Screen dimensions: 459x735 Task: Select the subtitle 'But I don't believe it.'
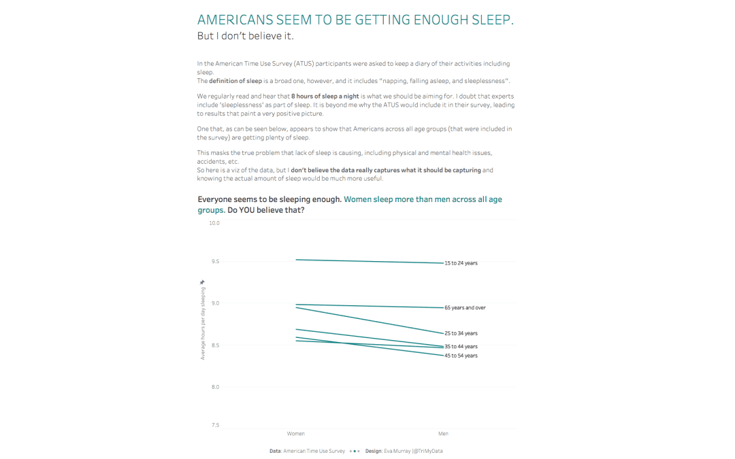[x=245, y=36]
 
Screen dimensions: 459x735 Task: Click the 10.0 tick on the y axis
[x=214, y=223]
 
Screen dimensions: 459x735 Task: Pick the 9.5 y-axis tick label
[x=214, y=261]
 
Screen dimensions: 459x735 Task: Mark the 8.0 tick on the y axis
[x=214, y=387]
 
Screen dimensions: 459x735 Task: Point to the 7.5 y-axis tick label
[x=214, y=426]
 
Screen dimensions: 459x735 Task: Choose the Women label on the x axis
[x=296, y=434]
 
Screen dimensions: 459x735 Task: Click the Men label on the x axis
[x=443, y=434]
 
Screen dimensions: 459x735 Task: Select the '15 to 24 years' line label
[x=461, y=263]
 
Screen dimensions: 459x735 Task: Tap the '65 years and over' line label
[x=465, y=308]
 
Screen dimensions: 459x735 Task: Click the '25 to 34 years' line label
[x=461, y=333]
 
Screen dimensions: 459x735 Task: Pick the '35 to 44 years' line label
[x=461, y=347]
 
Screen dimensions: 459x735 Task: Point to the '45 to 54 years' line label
[x=461, y=356]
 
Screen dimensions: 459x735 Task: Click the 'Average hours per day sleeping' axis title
[x=202, y=323]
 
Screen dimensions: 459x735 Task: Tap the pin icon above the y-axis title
[x=202, y=282]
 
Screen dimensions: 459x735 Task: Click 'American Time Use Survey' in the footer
[x=314, y=451]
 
